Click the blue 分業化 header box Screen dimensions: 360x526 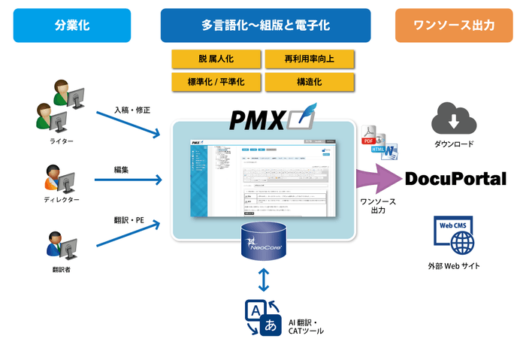click(x=71, y=25)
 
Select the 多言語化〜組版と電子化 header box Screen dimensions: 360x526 click(x=265, y=25)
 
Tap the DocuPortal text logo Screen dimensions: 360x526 click(x=455, y=179)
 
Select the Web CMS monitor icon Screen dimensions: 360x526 click(x=454, y=234)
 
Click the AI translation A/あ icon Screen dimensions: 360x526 click(x=262, y=318)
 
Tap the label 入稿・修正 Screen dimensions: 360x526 click(x=132, y=110)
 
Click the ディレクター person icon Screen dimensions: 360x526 click(x=59, y=178)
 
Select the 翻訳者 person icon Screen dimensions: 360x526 click(x=59, y=246)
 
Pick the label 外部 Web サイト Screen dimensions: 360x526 click(x=454, y=265)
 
